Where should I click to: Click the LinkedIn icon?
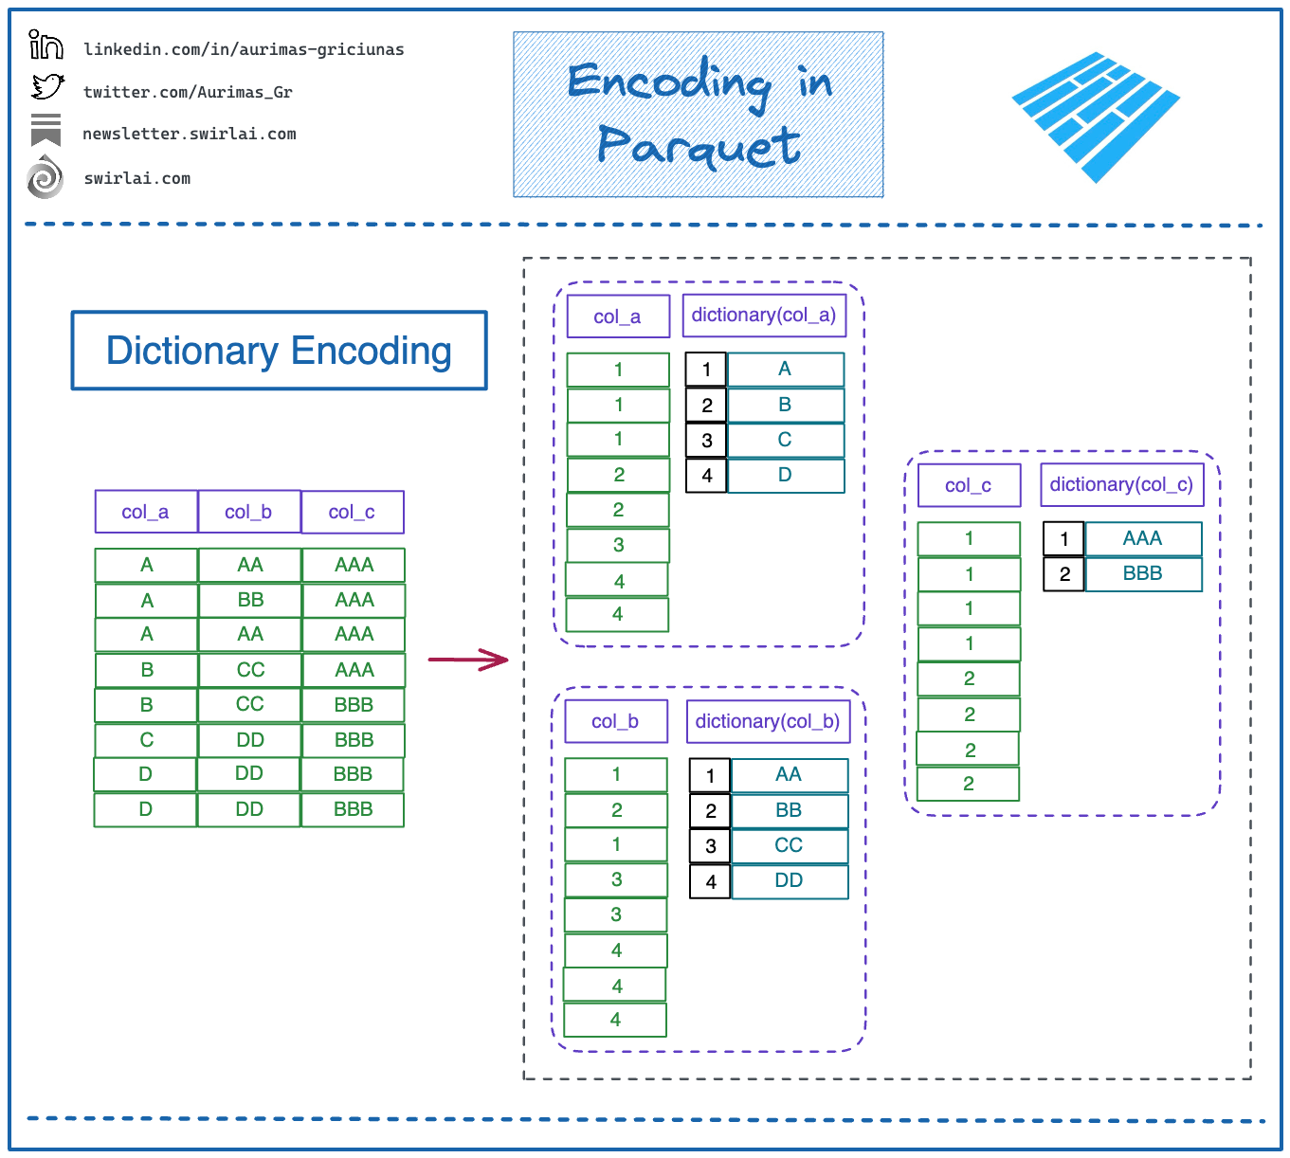45,45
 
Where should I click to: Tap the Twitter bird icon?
47,86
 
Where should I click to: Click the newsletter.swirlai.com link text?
190,134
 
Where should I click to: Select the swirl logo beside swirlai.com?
45,177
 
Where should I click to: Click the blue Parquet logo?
1095,117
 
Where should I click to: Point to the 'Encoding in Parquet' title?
699,115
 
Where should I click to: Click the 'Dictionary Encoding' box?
280,351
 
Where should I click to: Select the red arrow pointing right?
468,660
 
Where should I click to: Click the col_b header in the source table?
249,512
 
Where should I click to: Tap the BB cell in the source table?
250,600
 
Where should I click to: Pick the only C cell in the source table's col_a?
147,740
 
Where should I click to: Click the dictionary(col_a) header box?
764,316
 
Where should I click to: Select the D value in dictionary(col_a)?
785,475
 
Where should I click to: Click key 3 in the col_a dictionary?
706,440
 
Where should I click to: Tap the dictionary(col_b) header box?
768,721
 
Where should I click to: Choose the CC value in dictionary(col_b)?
790,845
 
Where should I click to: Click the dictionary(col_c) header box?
1122,485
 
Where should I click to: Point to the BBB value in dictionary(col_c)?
1143,573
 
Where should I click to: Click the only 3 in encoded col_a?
618,545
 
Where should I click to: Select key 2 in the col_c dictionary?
1064,574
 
